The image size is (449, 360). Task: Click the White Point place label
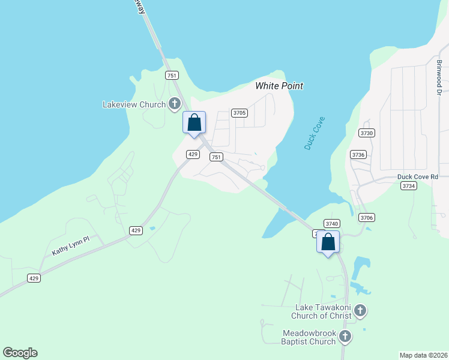tap(279, 86)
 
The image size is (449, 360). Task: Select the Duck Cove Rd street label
tap(418, 176)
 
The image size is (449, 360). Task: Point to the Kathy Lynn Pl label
tap(70, 246)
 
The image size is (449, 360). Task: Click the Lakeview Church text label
tap(134, 104)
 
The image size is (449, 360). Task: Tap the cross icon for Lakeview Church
tap(175, 104)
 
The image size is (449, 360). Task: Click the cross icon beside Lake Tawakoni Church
tap(360, 311)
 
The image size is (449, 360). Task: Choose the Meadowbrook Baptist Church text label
tap(310, 337)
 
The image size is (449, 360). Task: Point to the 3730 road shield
tap(366, 133)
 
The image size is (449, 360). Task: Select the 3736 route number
tap(359, 154)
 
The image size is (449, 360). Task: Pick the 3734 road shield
tap(409, 186)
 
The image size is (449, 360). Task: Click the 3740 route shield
tap(332, 223)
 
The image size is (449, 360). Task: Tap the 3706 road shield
tap(366, 217)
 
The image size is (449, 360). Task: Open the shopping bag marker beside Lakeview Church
tap(194, 123)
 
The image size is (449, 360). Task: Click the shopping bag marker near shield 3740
tap(328, 242)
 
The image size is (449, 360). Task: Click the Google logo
tap(20, 353)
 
